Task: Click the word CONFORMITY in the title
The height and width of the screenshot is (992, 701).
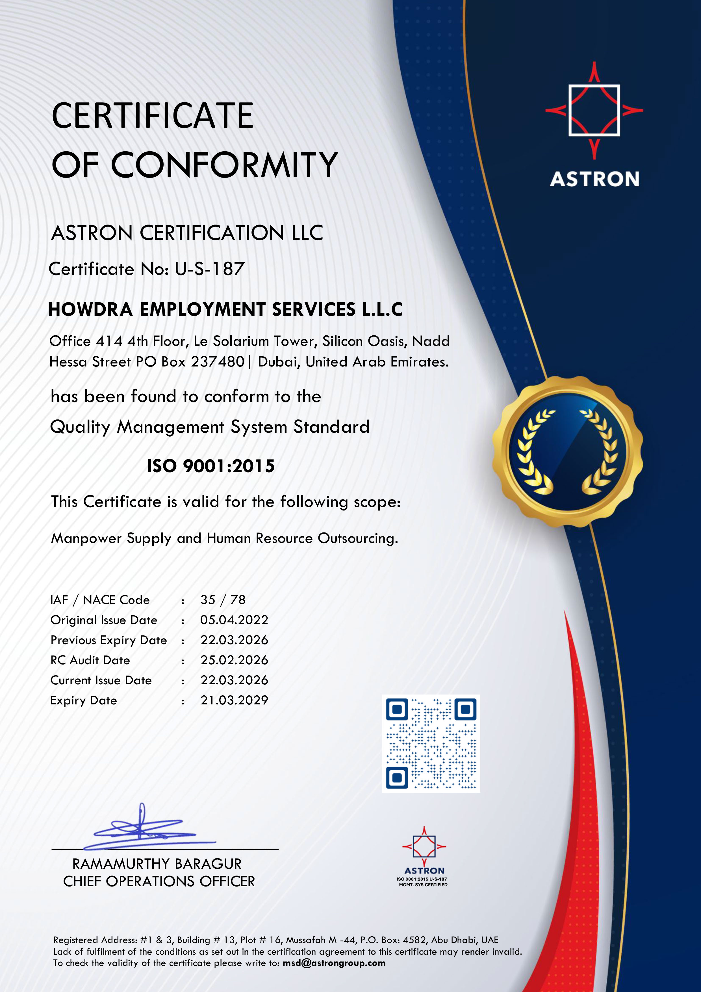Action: (x=224, y=165)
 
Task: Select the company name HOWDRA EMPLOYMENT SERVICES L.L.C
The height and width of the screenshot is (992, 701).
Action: (x=225, y=309)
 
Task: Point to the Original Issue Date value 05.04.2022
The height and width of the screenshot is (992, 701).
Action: (x=234, y=620)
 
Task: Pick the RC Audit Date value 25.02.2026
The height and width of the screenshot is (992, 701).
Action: (x=234, y=660)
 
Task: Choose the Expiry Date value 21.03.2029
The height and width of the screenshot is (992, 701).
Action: (x=234, y=700)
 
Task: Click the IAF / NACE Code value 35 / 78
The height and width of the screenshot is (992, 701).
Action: (x=223, y=600)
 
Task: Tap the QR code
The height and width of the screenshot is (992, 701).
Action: (x=431, y=743)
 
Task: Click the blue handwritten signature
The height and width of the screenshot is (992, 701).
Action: (x=147, y=829)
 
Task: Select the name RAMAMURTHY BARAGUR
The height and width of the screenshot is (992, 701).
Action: (x=157, y=864)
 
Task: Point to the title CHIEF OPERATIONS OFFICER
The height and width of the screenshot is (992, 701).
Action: (x=159, y=881)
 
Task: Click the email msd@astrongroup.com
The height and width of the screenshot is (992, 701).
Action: (x=334, y=963)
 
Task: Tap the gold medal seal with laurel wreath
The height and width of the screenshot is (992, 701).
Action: (x=567, y=452)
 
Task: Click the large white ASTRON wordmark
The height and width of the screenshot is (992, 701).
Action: (x=594, y=179)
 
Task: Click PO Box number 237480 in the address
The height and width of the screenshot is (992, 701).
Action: (x=218, y=362)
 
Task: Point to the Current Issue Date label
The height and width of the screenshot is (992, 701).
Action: (x=101, y=680)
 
